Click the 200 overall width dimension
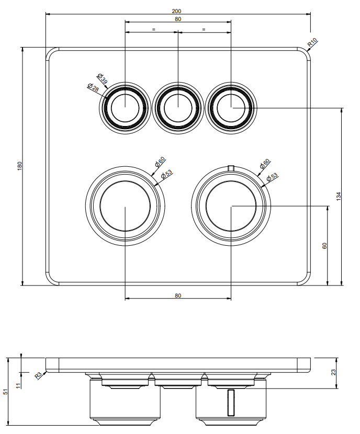click(x=176, y=11)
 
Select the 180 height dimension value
click(x=20, y=166)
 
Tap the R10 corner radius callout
click(x=312, y=42)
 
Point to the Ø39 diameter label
click(x=102, y=79)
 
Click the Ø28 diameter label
click(x=93, y=87)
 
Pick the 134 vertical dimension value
click(x=339, y=196)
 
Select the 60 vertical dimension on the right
click(x=324, y=246)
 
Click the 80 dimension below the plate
click(x=178, y=295)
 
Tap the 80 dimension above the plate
click(x=178, y=19)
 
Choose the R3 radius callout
click(x=39, y=375)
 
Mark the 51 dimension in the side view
click(x=6, y=392)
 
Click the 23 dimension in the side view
click(x=334, y=372)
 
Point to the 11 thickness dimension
click(x=18, y=385)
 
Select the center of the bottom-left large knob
click(x=125, y=206)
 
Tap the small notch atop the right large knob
click(x=231, y=167)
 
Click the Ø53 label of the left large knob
click(x=166, y=174)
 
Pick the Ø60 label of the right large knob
click(x=264, y=163)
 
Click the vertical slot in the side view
click(x=231, y=403)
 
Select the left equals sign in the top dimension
click(x=154, y=29)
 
